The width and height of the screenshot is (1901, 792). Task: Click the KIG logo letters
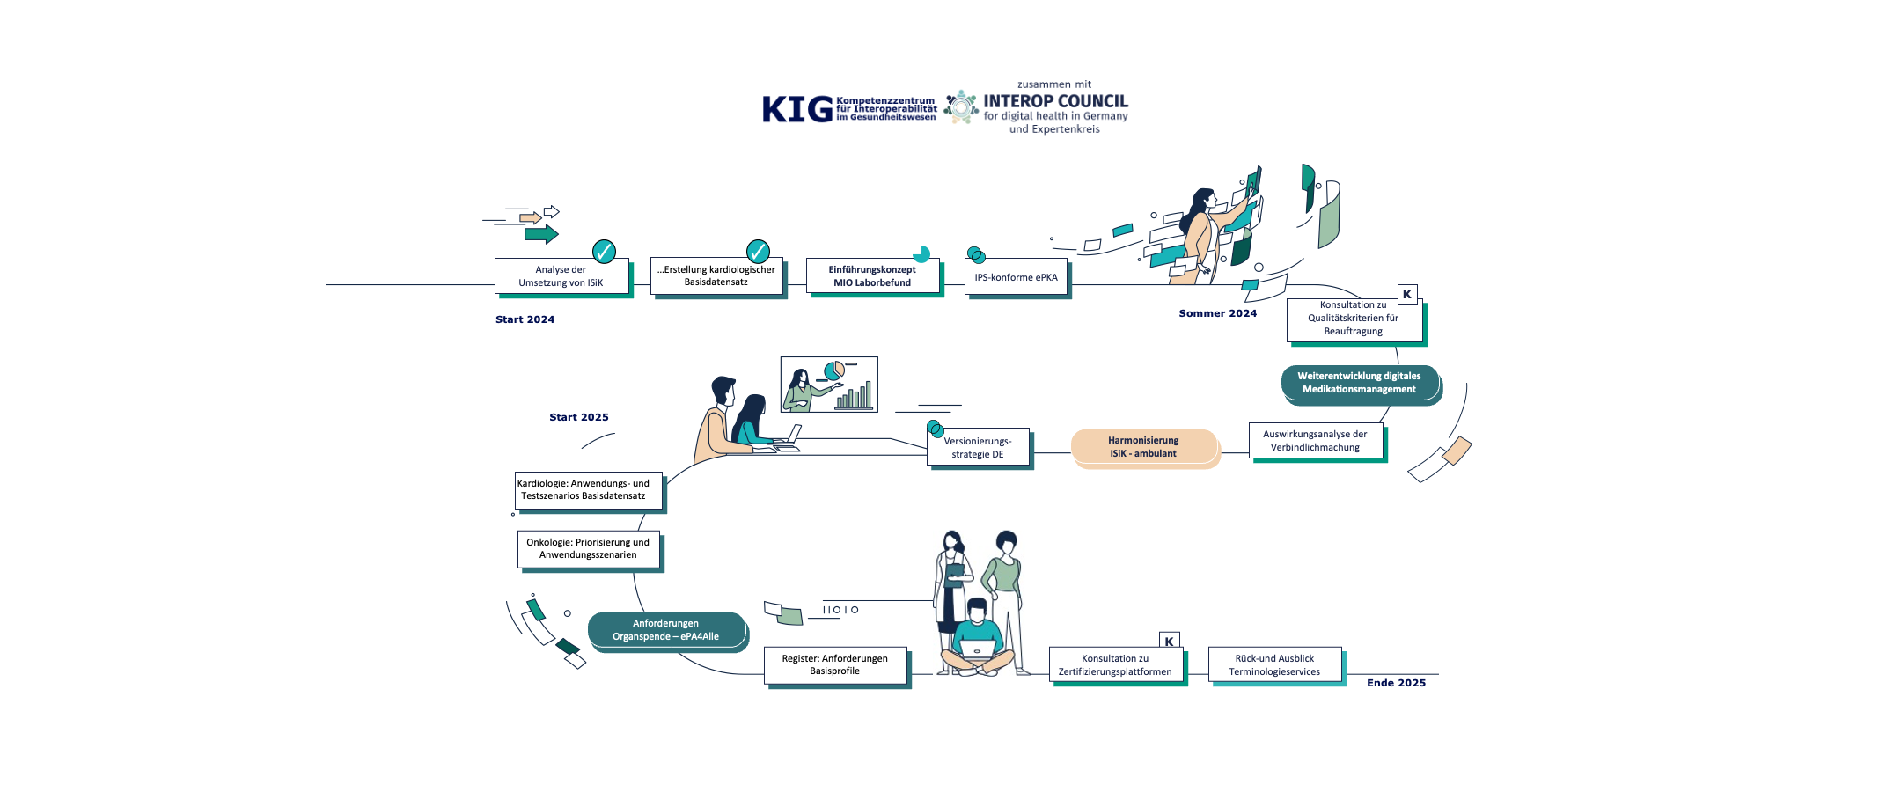point(796,109)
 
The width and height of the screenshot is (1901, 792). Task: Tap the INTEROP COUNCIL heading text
point(1055,101)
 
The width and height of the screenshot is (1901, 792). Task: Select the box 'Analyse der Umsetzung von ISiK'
point(561,276)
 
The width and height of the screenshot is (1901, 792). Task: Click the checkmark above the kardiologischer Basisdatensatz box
point(758,252)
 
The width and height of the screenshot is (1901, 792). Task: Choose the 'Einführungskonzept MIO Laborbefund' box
point(872,276)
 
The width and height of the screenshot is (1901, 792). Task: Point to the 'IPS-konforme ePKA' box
point(1016,277)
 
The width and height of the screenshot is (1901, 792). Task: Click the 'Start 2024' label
point(525,319)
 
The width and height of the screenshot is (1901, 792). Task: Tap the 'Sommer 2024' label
point(1217,313)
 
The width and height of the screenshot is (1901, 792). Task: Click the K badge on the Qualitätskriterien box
point(1406,295)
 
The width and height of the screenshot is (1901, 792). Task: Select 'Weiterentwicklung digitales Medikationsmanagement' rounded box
point(1359,383)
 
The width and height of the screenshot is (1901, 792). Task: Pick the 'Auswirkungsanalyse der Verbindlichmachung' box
point(1315,441)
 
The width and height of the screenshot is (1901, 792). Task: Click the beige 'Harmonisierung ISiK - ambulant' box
point(1143,447)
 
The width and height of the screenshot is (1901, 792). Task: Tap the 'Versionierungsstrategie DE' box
point(978,448)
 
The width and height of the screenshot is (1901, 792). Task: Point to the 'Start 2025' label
point(578,417)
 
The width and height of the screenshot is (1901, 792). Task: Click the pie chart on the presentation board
point(833,370)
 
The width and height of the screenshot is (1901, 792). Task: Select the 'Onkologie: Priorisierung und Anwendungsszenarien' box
point(588,548)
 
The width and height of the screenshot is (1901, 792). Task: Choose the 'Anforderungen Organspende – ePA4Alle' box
point(666,630)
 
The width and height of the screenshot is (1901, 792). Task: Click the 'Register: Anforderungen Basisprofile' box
point(834,665)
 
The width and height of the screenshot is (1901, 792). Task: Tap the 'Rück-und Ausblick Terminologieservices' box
point(1274,665)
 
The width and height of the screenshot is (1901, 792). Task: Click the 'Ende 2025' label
point(1396,683)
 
